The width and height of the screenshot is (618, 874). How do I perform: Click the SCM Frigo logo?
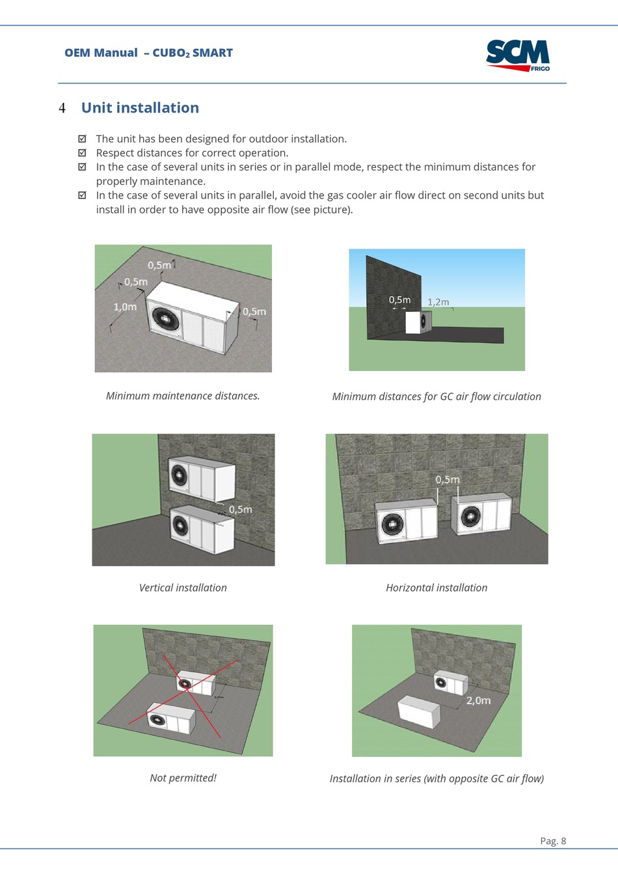[x=518, y=55]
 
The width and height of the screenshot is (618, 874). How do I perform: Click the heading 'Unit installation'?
[x=140, y=108]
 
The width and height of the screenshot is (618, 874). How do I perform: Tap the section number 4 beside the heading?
[x=62, y=108]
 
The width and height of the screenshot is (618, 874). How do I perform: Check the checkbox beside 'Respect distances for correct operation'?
[x=82, y=153]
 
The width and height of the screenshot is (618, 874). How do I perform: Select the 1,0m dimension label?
[x=125, y=307]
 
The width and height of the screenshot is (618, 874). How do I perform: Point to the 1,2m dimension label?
[x=438, y=302]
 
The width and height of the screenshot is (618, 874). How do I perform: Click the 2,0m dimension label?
[x=478, y=700]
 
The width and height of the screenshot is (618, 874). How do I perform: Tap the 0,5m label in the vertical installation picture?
[x=240, y=509]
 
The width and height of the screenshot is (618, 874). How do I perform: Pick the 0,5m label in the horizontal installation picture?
[x=448, y=480]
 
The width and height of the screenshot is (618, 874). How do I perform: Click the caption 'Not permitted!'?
[x=183, y=778]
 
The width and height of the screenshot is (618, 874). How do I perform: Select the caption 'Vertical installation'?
[x=183, y=588]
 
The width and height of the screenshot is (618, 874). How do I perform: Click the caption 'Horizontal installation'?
[x=437, y=588]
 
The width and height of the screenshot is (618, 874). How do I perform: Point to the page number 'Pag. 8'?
[x=553, y=841]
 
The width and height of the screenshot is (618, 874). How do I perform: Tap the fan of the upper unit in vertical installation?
[x=178, y=475]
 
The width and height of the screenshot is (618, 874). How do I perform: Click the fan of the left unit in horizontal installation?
[x=392, y=524]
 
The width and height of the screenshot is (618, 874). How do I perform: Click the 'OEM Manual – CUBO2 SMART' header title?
[x=148, y=53]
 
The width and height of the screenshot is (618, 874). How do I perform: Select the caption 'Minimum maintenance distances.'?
[x=183, y=396]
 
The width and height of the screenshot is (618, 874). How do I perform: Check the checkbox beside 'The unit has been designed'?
[x=82, y=139]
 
